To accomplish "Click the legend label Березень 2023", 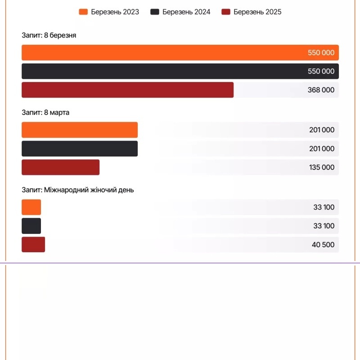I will (x=115, y=12).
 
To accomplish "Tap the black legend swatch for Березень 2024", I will (x=155, y=12).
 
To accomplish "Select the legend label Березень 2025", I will (x=257, y=12).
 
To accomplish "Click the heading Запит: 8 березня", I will (x=49, y=36).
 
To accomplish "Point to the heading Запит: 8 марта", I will (x=45, y=112).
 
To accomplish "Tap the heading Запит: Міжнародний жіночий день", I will (x=77, y=190).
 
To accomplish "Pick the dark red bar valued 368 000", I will (x=127, y=90).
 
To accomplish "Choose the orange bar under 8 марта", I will (x=80, y=130).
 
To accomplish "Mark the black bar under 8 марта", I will (x=80, y=148).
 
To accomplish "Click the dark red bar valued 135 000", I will (x=60, y=167).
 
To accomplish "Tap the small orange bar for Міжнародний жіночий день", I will (x=31, y=207).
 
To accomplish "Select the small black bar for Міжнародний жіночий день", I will (x=31, y=226).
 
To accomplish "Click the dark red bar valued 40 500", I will (x=33, y=244).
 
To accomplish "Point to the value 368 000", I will (x=321, y=90).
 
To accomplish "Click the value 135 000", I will (x=322, y=167).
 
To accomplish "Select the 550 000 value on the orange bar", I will (x=321, y=53).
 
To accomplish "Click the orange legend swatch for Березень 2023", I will (x=83, y=12).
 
